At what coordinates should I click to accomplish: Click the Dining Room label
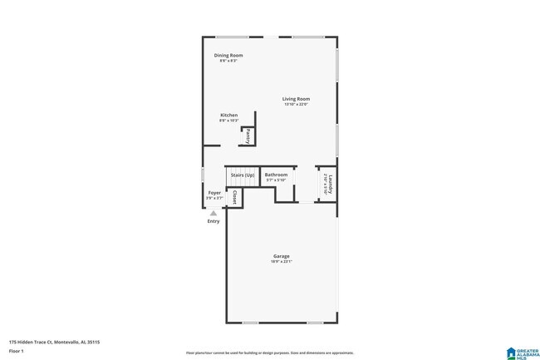[228, 55]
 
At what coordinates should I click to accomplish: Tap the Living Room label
[296, 99]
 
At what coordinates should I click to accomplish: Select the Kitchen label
[228, 115]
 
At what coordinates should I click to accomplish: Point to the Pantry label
[248, 136]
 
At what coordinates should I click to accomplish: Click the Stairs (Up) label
[243, 175]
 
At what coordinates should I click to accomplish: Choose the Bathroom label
[276, 175]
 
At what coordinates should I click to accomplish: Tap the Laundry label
[331, 183]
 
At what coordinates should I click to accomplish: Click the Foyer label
[214, 192]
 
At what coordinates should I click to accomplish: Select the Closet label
[235, 198]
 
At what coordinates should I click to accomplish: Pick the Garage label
[282, 255]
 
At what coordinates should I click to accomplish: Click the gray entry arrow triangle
[214, 213]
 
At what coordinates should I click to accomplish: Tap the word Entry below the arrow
[214, 221]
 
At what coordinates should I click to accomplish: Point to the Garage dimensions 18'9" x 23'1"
[282, 261]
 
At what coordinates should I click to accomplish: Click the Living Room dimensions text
[296, 105]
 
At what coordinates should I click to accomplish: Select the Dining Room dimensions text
[228, 61]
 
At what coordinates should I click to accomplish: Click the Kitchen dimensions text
[228, 121]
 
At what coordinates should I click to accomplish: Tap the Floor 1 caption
[17, 351]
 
